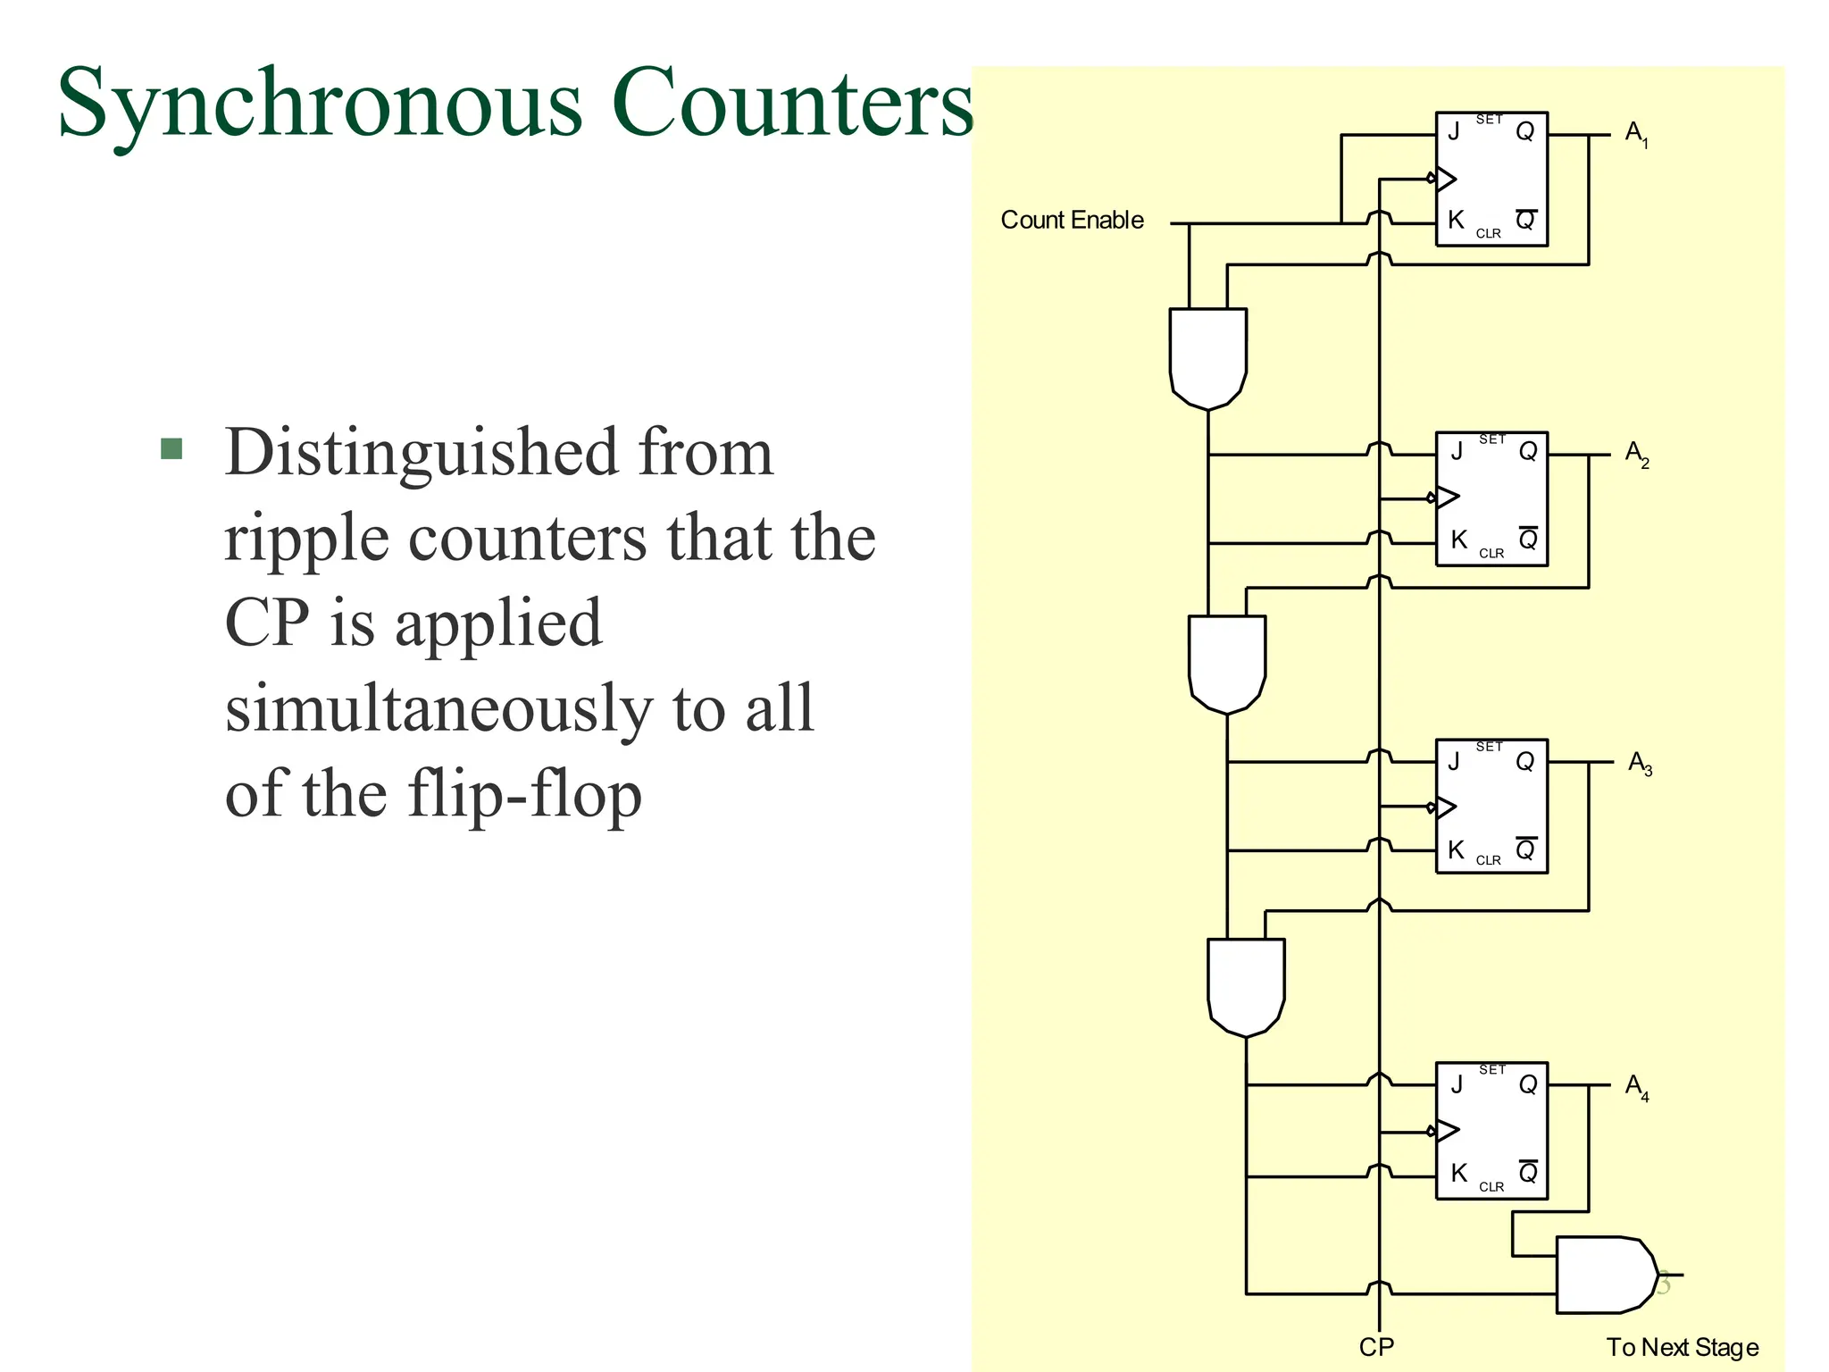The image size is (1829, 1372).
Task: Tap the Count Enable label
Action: [x=1072, y=220]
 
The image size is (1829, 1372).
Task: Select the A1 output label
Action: [x=1636, y=134]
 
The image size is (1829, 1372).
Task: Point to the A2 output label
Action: [x=1636, y=454]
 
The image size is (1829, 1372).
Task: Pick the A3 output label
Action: [x=1639, y=764]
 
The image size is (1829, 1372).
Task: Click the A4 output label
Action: [x=1636, y=1087]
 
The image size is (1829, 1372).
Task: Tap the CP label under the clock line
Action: [x=1376, y=1347]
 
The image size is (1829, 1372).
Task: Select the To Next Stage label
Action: [x=1682, y=1347]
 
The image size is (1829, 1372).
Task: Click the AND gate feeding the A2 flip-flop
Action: [x=1207, y=357]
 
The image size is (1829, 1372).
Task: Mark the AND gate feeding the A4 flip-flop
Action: [x=1246, y=986]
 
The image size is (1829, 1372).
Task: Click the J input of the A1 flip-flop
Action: [x=1454, y=132]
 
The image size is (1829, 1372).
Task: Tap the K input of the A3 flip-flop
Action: [x=1456, y=849]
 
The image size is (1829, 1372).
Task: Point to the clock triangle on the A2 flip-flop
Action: [x=1447, y=497]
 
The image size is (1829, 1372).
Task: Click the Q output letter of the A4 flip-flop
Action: [x=1528, y=1085]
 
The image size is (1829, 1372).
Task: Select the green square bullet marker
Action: [x=171, y=448]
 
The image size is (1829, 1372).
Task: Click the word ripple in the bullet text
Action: [x=306, y=539]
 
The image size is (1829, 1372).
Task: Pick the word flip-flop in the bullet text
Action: [x=524, y=794]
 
